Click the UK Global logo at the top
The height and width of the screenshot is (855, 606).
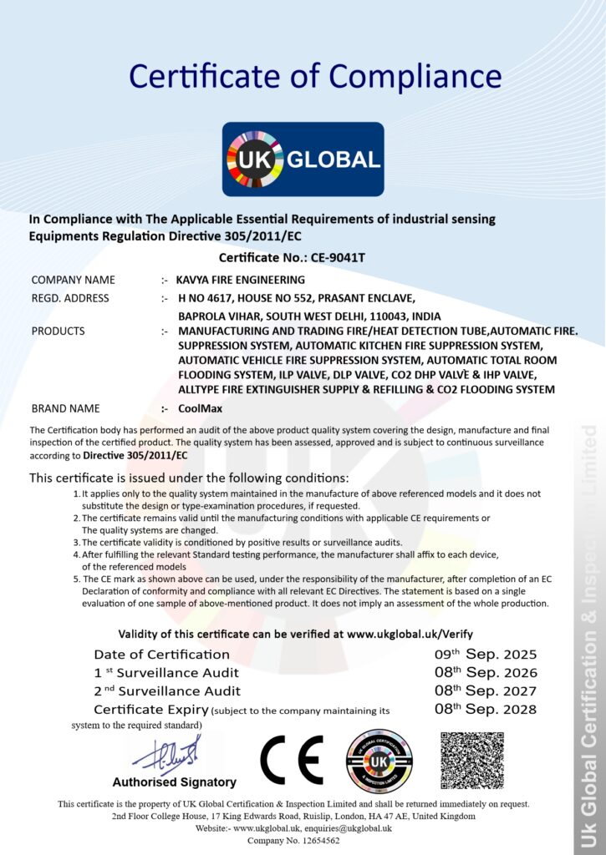[x=303, y=159]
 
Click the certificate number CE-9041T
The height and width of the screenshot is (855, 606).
[x=332, y=258]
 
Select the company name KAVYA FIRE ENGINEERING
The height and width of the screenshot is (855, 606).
[x=242, y=280]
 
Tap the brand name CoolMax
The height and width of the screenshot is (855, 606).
[x=201, y=408]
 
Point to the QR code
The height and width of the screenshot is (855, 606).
[x=472, y=761]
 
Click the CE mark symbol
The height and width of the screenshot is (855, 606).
[x=292, y=760]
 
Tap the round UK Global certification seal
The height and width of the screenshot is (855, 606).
[x=379, y=761]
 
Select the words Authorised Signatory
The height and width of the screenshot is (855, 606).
[x=174, y=782]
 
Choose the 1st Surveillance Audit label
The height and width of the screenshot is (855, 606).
[x=166, y=673]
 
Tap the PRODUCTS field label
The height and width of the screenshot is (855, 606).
[x=58, y=331]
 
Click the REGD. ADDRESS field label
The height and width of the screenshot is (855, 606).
[x=70, y=298]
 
